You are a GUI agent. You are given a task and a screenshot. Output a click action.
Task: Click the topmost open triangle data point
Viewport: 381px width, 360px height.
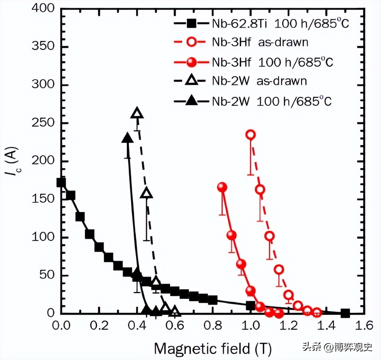[137, 113]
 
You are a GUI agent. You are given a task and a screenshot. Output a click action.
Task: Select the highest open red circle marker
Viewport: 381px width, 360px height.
[251, 134]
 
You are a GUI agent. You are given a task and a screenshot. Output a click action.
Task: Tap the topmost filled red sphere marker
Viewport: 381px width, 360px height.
[222, 187]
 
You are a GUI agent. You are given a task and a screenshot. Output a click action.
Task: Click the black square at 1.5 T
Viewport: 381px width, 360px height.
[345, 313]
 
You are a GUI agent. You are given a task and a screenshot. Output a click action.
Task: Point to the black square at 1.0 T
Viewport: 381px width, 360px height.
[251, 306]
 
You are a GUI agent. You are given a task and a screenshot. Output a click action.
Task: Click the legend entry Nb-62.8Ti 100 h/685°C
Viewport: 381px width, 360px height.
[261, 24]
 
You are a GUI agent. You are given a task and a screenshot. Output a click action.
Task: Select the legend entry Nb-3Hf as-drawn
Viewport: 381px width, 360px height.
[241, 42]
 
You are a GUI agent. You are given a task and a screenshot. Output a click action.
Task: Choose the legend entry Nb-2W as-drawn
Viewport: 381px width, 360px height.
[241, 81]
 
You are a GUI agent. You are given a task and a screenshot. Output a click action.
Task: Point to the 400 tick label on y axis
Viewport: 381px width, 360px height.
[43, 8]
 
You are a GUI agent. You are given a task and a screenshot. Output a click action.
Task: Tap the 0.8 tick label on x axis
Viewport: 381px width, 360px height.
[213, 325]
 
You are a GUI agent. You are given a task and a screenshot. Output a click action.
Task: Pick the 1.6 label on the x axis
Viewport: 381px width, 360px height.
[364, 325]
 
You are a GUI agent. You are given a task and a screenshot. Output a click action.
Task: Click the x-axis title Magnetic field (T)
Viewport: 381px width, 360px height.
[213, 348]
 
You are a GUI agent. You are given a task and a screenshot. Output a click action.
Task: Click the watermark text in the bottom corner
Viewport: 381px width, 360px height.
[337, 347]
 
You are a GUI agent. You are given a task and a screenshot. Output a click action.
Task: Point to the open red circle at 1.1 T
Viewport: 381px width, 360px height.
[270, 236]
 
